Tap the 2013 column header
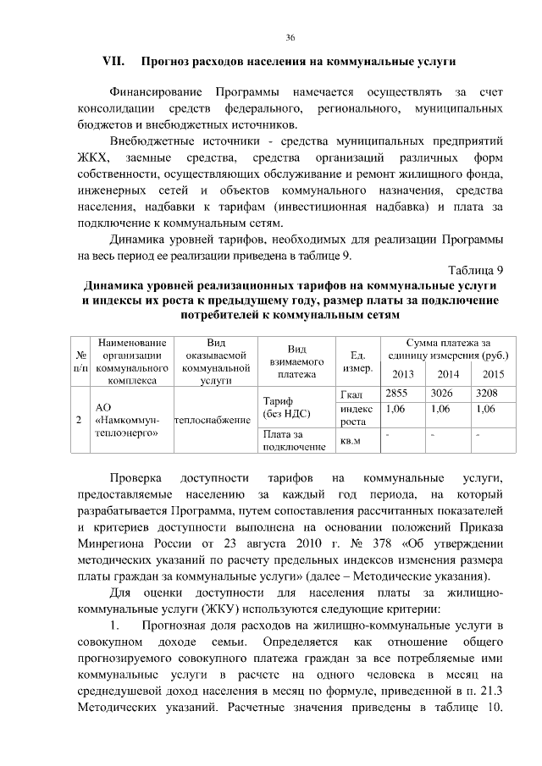tap(403, 375)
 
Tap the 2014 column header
tap(447, 375)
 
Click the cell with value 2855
tap(397, 394)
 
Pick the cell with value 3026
tap(442, 394)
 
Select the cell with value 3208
tap(487, 394)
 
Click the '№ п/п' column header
tap(80, 361)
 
